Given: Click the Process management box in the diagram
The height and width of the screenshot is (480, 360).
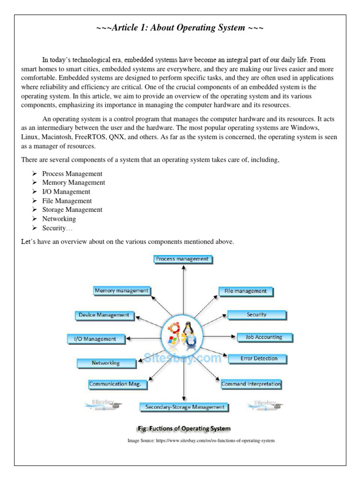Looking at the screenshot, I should click(x=183, y=259).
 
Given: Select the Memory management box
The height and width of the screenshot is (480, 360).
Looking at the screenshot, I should click(x=121, y=291).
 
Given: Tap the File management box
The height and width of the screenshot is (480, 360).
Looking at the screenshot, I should click(x=246, y=292).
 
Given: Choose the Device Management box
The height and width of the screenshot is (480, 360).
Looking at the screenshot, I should click(x=104, y=315).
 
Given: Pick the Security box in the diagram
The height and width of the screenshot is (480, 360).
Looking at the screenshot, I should click(x=256, y=315).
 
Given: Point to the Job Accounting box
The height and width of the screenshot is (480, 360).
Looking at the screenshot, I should click(x=264, y=337).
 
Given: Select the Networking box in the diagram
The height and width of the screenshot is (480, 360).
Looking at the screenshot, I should click(x=106, y=363).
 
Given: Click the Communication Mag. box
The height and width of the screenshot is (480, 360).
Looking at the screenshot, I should click(x=118, y=384).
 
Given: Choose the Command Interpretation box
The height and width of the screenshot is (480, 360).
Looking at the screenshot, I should click(x=251, y=384).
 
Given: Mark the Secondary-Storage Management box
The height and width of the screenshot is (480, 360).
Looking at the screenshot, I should click(x=185, y=407).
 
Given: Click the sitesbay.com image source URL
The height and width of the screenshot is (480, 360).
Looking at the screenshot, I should click(x=201, y=441).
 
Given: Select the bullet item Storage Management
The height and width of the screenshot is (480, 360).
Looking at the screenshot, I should click(x=72, y=210).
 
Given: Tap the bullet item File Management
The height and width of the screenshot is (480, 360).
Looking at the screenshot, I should click(x=67, y=201).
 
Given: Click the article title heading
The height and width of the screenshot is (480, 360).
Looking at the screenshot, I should click(x=180, y=28).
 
